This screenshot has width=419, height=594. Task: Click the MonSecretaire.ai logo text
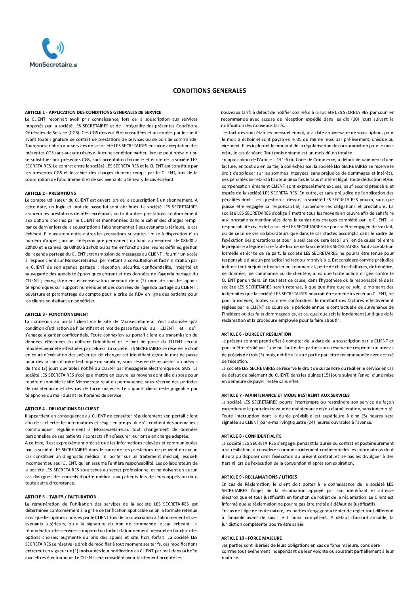coord(53,64)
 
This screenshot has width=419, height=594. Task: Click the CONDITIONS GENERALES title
coord(209,91)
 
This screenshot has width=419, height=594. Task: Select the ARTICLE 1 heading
coord(93,112)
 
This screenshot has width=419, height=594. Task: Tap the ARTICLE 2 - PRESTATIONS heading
coord(50,193)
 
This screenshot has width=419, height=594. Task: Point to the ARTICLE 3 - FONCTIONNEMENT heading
coord(57,314)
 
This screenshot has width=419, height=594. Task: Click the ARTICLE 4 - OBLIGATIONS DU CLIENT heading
coord(62,409)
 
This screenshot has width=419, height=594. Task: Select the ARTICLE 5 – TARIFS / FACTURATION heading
coord(61,497)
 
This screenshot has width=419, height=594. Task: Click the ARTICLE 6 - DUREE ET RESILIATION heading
coord(256,334)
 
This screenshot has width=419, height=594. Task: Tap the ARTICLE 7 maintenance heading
coord(285,395)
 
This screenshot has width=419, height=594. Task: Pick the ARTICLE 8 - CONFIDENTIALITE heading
coord(251,436)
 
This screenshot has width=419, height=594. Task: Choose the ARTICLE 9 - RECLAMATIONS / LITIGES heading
coord(259,477)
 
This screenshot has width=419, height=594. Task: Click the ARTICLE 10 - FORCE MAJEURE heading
coord(251,538)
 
